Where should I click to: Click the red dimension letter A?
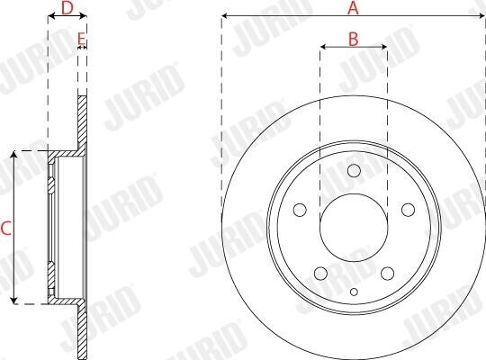(353, 8)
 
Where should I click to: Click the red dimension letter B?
(354, 39)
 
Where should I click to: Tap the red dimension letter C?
(6, 229)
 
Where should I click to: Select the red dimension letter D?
(67, 8)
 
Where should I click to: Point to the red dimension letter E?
(81, 39)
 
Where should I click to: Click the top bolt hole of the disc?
(354, 170)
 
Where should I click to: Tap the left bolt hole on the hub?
(300, 210)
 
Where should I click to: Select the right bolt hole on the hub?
(408, 210)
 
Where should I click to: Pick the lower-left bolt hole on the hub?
(320, 274)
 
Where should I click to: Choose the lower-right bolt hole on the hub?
(387, 274)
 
